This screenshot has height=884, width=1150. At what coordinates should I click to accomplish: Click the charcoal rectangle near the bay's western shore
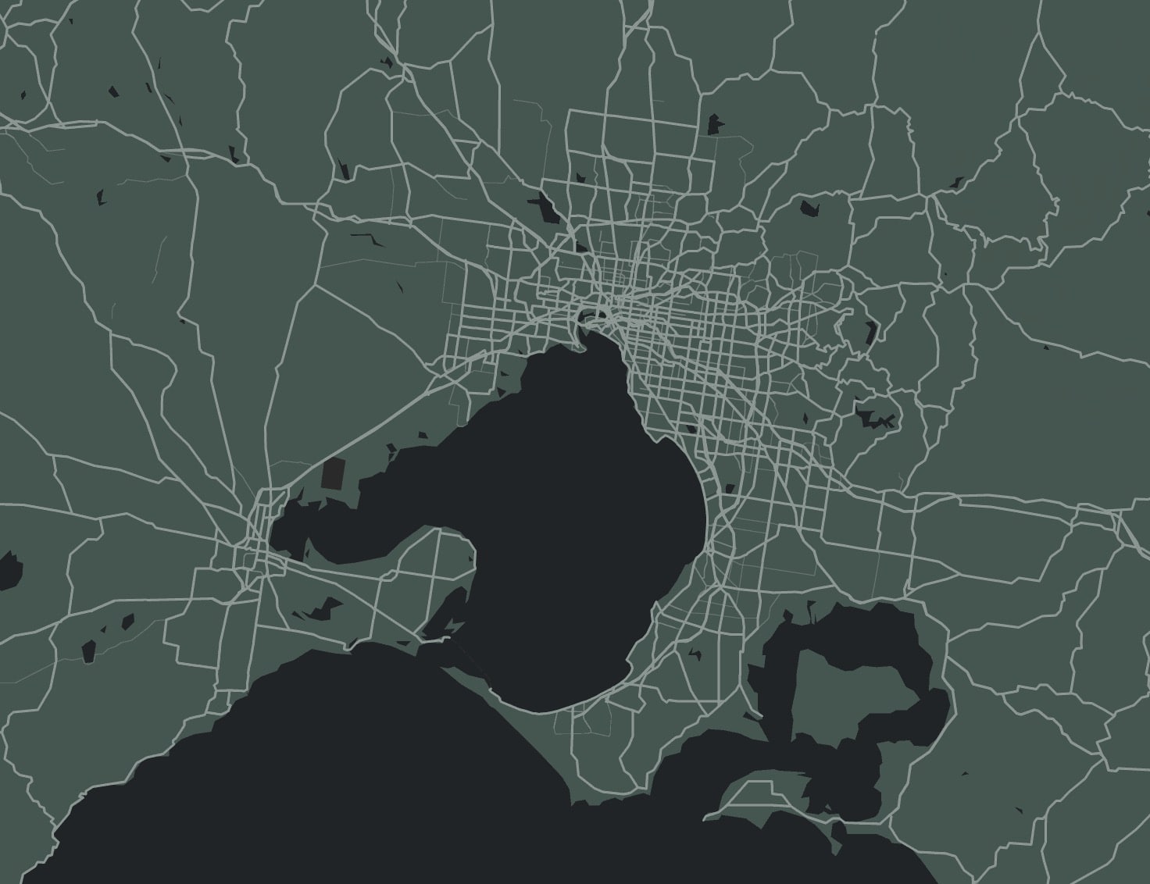[333, 474]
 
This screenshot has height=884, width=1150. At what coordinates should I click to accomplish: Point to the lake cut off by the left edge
[9, 570]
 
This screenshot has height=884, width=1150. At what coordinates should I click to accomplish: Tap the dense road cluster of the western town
[254, 539]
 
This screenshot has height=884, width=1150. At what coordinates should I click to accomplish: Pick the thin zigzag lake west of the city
[367, 238]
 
